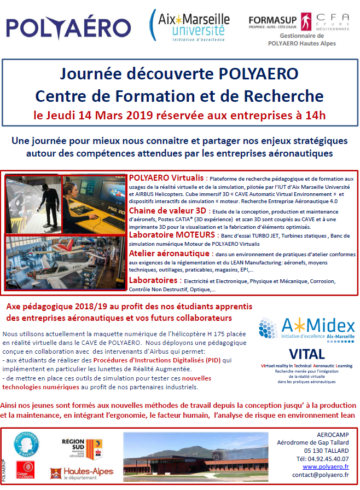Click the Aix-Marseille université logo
[x=189, y=26]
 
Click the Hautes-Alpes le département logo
[x=82, y=472]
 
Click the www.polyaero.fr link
[x=327, y=466]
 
